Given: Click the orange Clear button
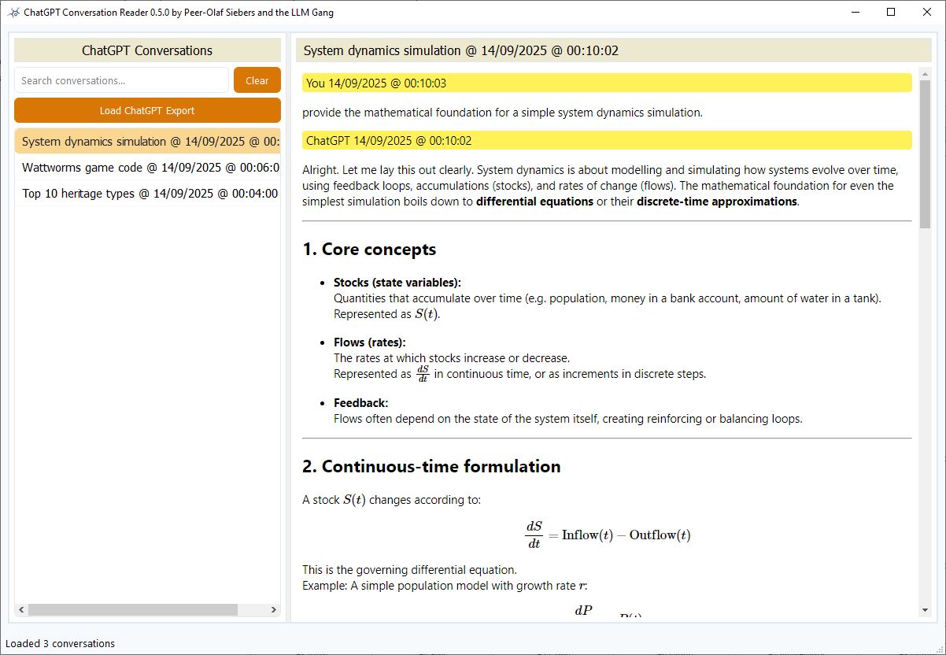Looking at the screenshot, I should (x=257, y=80).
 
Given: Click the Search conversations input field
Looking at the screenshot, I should (x=121, y=80).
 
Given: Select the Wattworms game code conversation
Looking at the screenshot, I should (x=147, y=168).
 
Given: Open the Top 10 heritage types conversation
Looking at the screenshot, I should (x=147, y=194).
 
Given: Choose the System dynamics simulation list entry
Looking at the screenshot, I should (x=147, y=142).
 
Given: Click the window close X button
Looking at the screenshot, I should (x=927, y=12).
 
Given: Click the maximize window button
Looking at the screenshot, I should (x=891, y=12).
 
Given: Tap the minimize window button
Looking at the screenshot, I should (x=855, y=12).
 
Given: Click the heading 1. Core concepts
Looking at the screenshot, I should (x=369, y=250).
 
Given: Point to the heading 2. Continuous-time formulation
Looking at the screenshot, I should (x=431, y=466).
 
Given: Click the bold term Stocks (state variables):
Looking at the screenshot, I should (x=397, y=283).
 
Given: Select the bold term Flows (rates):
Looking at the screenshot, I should (x=369, y=342).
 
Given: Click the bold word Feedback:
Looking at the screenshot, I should (x=360, y=403).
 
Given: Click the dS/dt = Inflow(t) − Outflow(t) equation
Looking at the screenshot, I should (x=607, y=535).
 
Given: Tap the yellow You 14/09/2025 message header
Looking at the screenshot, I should (x=376, y=83).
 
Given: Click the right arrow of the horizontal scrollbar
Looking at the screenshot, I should (x=274, y=610).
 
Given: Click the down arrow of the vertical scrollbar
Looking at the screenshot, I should (x=925, y=610).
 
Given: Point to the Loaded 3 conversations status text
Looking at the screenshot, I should (x=61, y=643).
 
